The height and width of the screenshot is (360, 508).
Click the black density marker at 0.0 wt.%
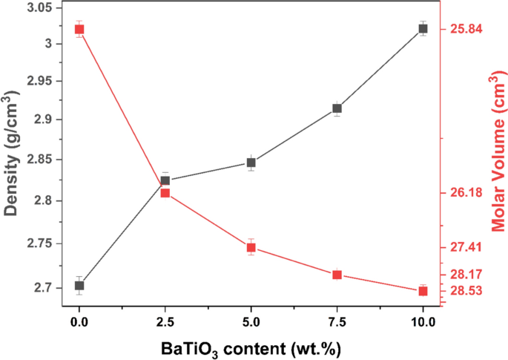coord(79,285)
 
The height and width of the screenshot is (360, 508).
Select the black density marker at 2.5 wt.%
coord(165,180)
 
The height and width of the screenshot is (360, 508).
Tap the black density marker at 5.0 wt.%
coord(251,163)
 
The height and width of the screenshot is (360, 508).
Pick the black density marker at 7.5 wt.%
coord(337,108)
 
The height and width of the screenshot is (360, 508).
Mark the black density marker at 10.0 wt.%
coord(423,28)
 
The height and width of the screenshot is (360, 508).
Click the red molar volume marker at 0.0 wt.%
coord(79,29)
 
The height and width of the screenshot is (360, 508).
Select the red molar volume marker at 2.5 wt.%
coord(165,193)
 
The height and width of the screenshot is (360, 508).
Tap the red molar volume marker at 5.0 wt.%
coord(251,247)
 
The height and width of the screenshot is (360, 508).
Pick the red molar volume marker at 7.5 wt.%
coord(337,275)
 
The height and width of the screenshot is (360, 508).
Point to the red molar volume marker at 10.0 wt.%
coord(423,291)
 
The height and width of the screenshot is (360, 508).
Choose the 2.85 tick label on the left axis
coord(45,160)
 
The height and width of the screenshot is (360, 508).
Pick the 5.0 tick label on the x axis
coord(251,321)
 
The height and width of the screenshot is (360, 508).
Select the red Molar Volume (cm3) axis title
coord(495,152)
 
